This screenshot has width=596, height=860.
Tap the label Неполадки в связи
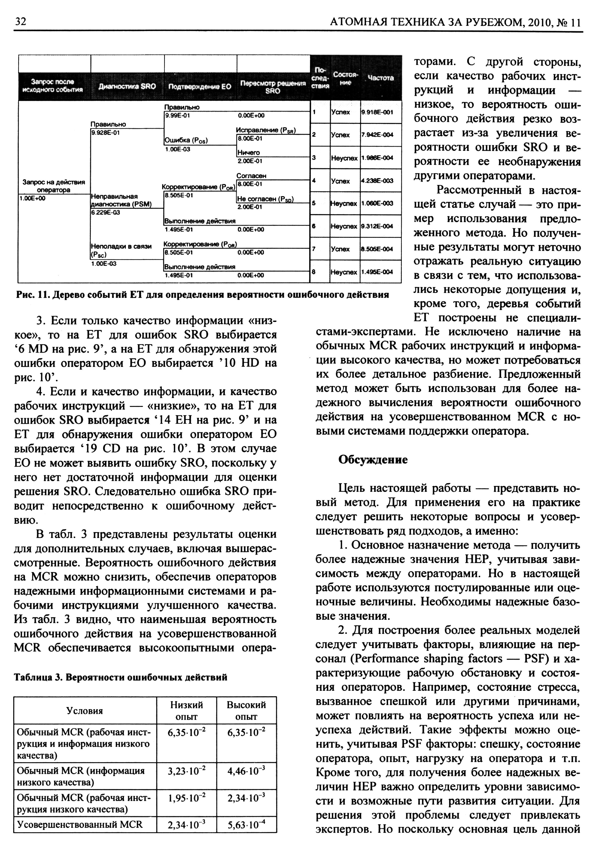(121, 246)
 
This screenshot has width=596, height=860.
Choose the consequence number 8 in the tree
(314, 272)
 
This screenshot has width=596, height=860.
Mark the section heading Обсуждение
(373, 460)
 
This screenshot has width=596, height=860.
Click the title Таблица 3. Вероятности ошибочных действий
(120, 677)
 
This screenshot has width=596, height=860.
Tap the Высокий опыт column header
(246, 711)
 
